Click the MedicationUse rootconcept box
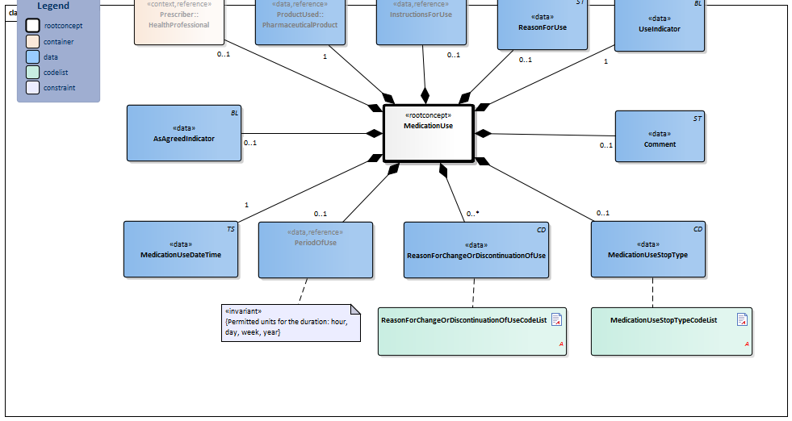coord(428,132)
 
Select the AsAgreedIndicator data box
coord(183,133)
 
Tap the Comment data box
coord(660,136)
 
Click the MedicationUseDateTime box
coord(181,249)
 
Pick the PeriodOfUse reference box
coord(315,249)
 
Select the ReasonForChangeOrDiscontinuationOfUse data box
coord(476,250)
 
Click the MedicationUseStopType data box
coord(648,250)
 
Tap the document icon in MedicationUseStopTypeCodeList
coord(742,320)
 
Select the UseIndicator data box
coord(660,24)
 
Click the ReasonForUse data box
coord(542,24)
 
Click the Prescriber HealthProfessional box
coord(178,21)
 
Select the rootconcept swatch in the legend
coord(32,26)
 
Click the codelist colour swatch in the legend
coord(32,73)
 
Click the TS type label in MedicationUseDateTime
coord(231,230)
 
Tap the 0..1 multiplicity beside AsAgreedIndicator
coord(250,143)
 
